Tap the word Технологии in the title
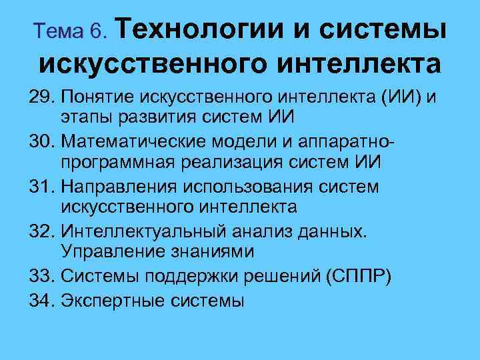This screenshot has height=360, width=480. (x=204, y=27)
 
